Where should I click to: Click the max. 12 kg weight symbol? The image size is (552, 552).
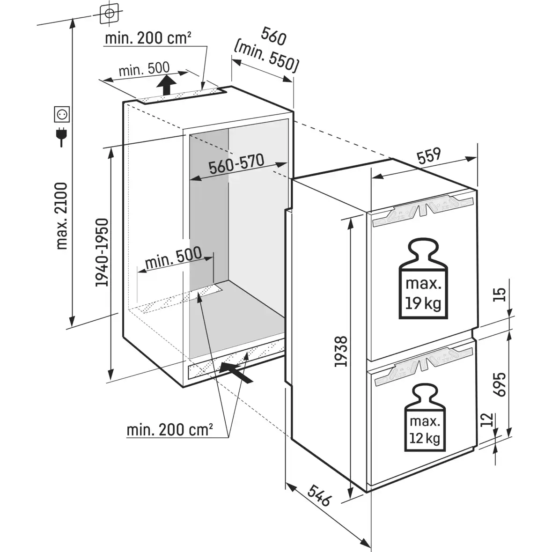coord(424,418)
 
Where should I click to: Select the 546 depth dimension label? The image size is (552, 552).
coord(320,495)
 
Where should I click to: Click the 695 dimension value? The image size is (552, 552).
coord(500,385)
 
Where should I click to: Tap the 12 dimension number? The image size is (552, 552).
coord(487,420)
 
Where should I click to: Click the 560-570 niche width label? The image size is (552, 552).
coord(236,164)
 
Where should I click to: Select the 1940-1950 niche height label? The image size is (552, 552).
coord(102,252)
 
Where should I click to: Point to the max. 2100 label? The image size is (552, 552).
coord(62,216)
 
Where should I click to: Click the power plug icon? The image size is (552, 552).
coord(61,137)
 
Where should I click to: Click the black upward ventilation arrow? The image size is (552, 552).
coord(166,87)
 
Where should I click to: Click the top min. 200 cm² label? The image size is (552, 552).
coord(148,38)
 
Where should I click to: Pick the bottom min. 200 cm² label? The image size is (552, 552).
coord(169,429)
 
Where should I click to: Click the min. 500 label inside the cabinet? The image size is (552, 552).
coord(173,257)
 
